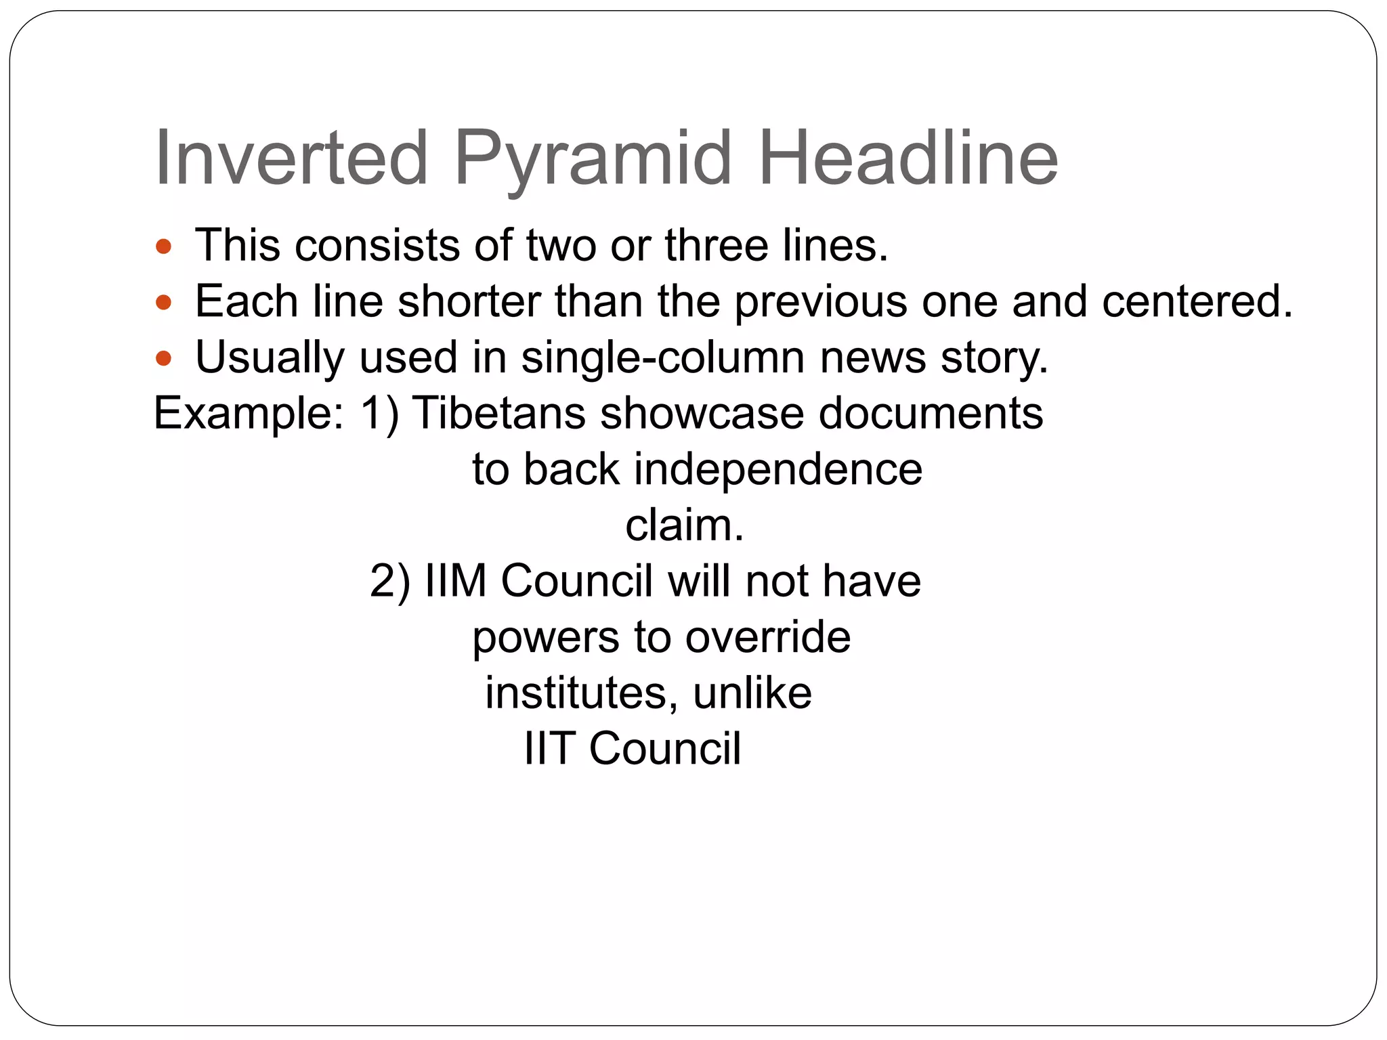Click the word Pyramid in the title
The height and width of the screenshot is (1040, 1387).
pyautogui.click(x=593, y=160)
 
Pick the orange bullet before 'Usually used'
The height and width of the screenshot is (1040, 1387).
pyautogui.click(x=163, y=357)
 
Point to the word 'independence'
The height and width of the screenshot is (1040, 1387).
pyautogui.click(x=777, y=469)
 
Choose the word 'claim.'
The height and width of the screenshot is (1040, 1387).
pyautogui.click(x=684, y=525)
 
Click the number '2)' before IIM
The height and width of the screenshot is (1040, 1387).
pyautogui.click(x=390, y=582)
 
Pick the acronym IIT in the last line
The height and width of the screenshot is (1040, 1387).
pyautogui.click(x=549, y=749)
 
